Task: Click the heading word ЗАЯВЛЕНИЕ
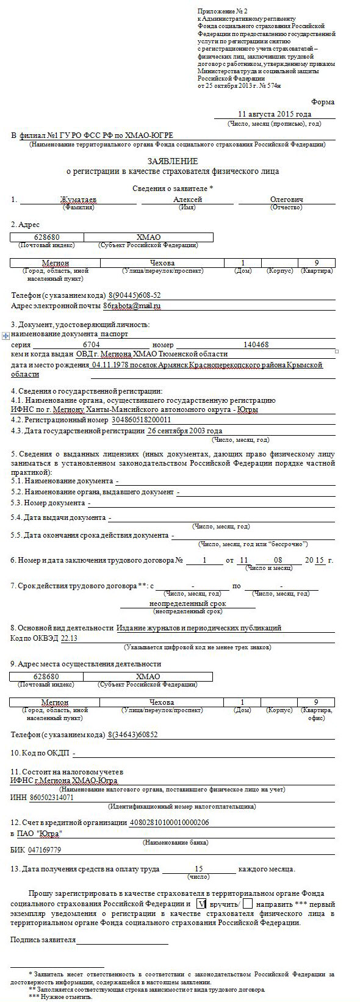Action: (x=180, y=161)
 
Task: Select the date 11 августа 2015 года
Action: (x=275, y=114)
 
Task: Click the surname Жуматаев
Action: (x=78, y=200)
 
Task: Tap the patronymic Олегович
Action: (x=286, y=200)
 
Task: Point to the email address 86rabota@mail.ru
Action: (x=132, y=305)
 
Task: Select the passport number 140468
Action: (x=256, y=344)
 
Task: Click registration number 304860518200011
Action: (x=140, y=420)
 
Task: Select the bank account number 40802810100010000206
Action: (x=170, y=822)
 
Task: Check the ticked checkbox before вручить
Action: (x=203, y=904)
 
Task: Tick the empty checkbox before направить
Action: (x=248, y=904)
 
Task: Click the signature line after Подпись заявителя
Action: (x=122, y=939)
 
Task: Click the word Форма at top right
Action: (x=323, y=102)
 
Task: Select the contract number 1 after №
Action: (x=204, y=560)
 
